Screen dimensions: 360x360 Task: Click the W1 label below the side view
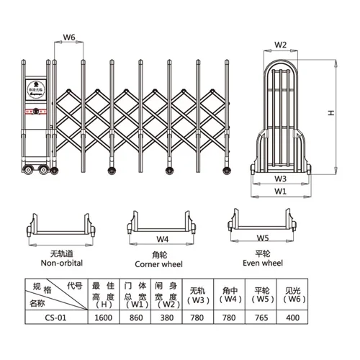(x=281, y=192)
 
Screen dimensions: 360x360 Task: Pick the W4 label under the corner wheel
(x=163, y=238)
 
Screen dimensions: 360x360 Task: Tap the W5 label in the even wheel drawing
(x=263, y=237)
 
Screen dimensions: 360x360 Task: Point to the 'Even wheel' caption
(x=261, y=264)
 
